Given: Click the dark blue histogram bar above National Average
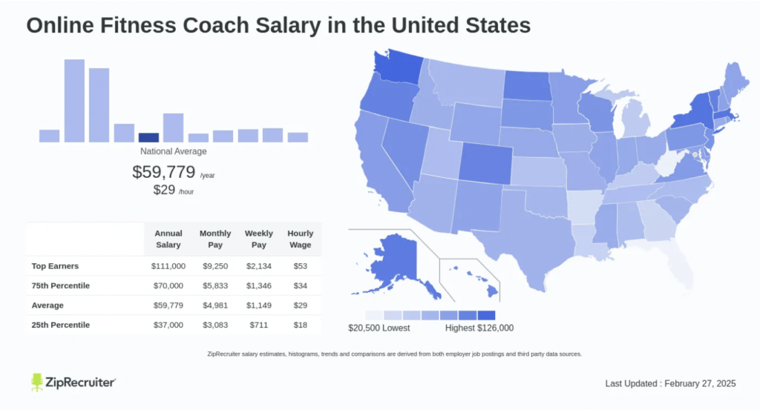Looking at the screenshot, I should pos(148,137).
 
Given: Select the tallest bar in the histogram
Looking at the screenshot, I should pos(74,100).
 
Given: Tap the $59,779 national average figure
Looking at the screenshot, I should pos(164,172).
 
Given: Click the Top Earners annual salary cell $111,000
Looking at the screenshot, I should pos(168,265).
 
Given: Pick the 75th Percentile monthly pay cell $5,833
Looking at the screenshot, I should pos(215,285).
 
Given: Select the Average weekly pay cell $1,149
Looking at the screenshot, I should pos(259,305).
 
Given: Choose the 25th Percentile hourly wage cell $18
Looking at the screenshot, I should pos(301,325).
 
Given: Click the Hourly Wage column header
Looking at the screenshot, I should pos(301,239).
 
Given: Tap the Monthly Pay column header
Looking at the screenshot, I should pos(215,239).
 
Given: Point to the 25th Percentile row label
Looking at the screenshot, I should pos(60,325).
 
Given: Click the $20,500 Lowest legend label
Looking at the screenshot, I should pos(379,328).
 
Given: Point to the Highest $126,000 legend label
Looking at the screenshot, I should pos(479,328).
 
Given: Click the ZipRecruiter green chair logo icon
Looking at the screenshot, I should pos(37,382).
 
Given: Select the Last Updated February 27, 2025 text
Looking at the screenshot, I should pos(670,383).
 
